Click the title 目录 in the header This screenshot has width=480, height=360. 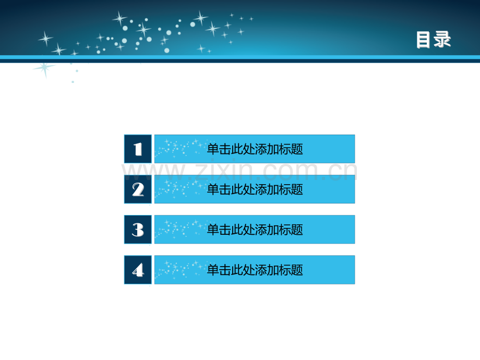(433, 40)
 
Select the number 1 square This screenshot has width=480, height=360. (138, 149)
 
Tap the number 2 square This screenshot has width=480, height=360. (138, 189)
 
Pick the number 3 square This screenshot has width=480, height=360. (138, 230)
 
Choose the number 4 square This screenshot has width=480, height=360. (138, 270)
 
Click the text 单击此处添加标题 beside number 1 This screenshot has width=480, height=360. (255, 149)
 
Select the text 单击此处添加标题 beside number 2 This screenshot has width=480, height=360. (255, 189)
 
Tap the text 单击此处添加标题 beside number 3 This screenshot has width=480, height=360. (255, 230)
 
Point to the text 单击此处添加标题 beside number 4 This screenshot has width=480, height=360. (255, 270)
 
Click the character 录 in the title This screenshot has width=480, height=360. (442, 40)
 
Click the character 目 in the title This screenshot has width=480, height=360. (423, 40)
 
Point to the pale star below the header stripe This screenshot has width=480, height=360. (45, 69)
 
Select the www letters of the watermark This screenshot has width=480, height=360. (153, 173)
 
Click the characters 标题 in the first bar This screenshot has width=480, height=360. (291, 149)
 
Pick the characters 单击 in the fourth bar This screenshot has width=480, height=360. (219, 270)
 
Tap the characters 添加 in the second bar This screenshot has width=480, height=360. (267, 189)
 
